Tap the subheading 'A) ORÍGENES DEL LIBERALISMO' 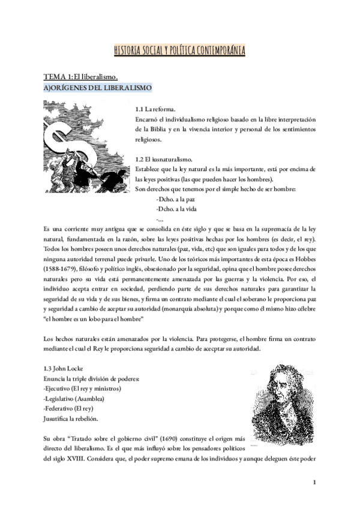[97, 88]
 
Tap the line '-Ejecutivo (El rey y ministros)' [82, 388]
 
